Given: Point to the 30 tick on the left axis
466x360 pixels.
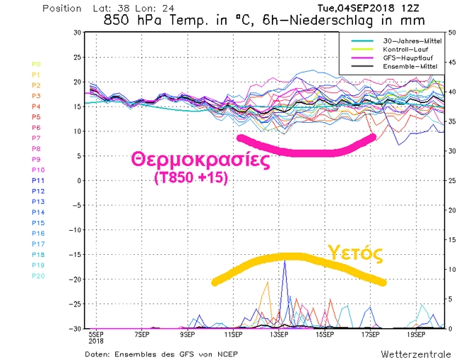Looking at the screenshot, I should (x=76, y=33).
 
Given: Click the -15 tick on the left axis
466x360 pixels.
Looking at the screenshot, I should (x=74, y=255).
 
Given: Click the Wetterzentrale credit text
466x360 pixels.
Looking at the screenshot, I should (x=412, y=352).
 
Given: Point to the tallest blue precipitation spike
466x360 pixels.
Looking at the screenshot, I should (x=285, y=263).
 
